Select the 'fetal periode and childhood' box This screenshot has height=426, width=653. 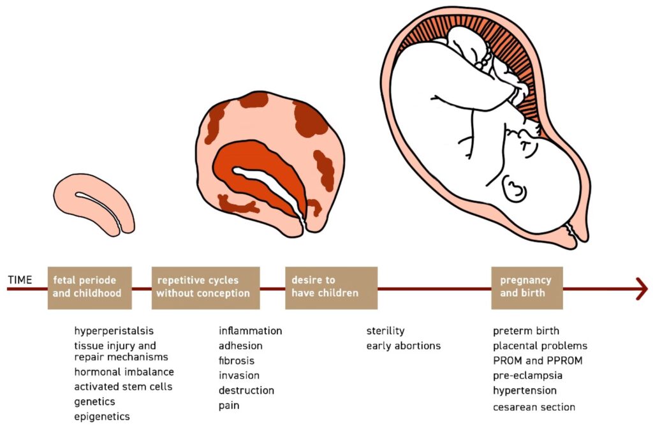tap(89, 288)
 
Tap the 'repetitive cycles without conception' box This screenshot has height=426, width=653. tap(205, 288)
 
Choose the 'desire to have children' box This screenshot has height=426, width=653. tap(331, 288)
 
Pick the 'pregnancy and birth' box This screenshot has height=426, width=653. tap(527, 288)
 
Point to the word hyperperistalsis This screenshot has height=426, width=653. tap(114, 331)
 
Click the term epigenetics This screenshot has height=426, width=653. tap(101, 416)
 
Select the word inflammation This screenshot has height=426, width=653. tap(250, 331)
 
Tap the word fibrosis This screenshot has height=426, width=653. tap(237, 360)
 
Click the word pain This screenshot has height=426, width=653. tap(229, 405)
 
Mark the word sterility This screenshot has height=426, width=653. tap(385, 331)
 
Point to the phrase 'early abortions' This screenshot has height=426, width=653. tap(403, 346)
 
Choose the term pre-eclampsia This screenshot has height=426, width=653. tap(527, 376)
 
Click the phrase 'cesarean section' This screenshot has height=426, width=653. tap(534, 407)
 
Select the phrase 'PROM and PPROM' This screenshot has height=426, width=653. tap(538, 360)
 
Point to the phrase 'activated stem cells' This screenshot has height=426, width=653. tap(123, 386)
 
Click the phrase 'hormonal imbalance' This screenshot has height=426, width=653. tap(124, 372)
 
